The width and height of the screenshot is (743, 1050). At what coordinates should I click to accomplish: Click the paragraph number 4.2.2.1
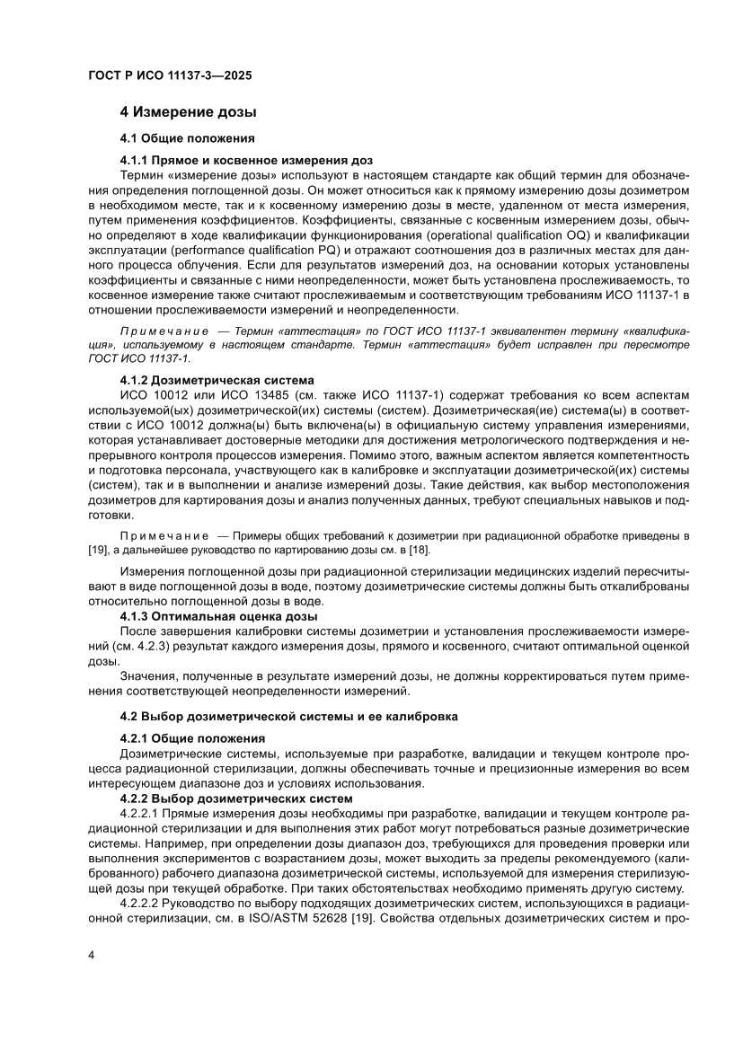tap(145, 813)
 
